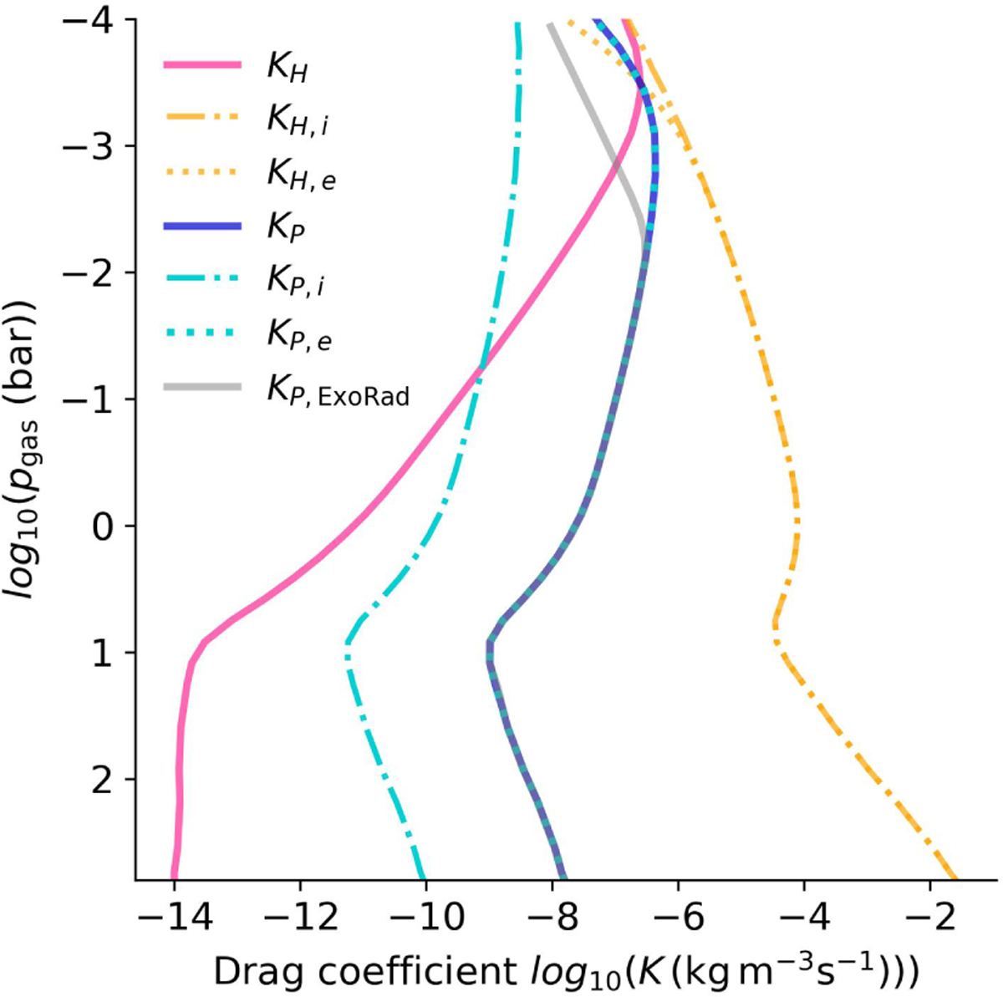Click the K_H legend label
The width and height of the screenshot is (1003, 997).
point(287,69)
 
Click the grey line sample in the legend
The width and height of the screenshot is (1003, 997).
point(203,386)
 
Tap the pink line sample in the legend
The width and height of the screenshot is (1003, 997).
point(203,65)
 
